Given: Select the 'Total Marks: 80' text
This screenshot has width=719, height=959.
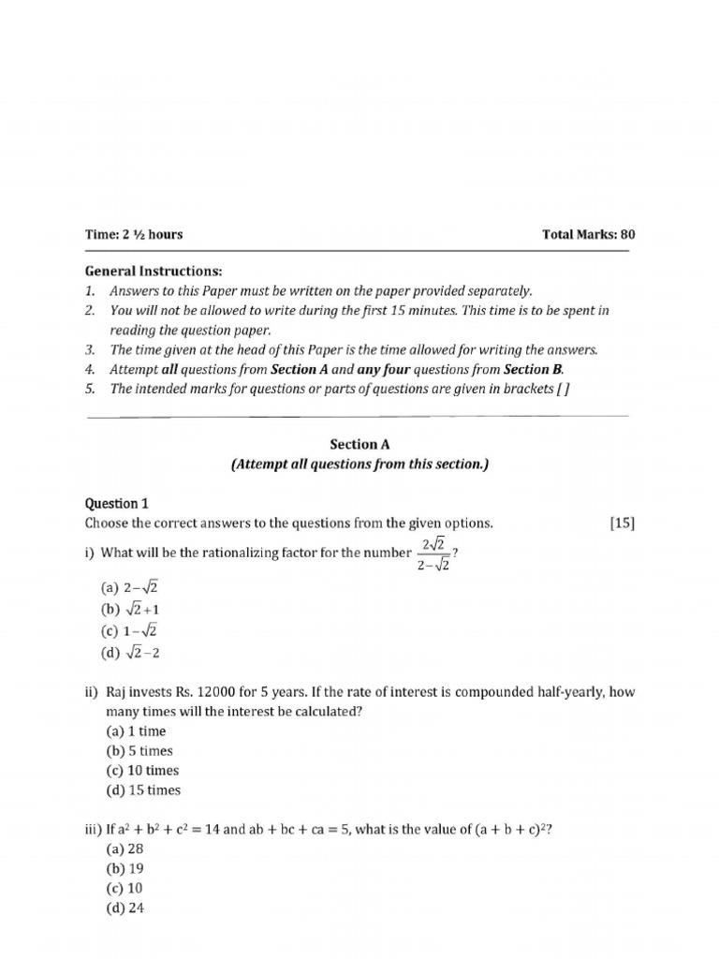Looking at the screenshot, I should pos(588,235).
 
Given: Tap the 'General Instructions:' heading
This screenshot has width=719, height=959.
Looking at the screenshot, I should pos(154,271).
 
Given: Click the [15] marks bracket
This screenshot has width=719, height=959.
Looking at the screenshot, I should pos(621,524).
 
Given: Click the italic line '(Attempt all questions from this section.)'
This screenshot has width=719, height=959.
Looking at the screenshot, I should pos(359,465).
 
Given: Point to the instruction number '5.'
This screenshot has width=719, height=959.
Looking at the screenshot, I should pos(91,389).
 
